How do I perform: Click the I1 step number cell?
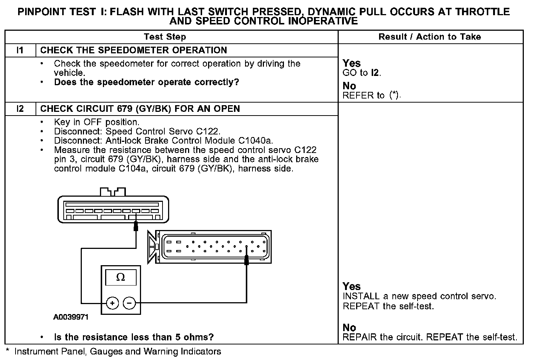(20, 50)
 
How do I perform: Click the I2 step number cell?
(20, 109)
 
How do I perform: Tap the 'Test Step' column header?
(165, 37)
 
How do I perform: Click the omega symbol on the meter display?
(121, 277)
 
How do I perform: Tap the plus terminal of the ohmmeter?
(113, 303)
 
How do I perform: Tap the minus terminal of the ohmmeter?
(129, 303)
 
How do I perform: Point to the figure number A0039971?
(71, 317)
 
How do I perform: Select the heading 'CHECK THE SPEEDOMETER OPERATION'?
(133, 50)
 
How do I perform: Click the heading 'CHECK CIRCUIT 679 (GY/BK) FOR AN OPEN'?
(140, 109)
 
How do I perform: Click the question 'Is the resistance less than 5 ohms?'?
(134, 337)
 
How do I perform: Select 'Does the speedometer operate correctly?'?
(147, 82)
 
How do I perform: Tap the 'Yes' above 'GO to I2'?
(351, 63)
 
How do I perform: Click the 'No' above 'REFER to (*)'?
(349, 86)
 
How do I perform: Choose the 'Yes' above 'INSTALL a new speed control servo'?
(351, 286)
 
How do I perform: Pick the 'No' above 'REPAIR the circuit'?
(349, 327)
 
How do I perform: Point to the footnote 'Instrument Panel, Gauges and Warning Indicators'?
(118, 351)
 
